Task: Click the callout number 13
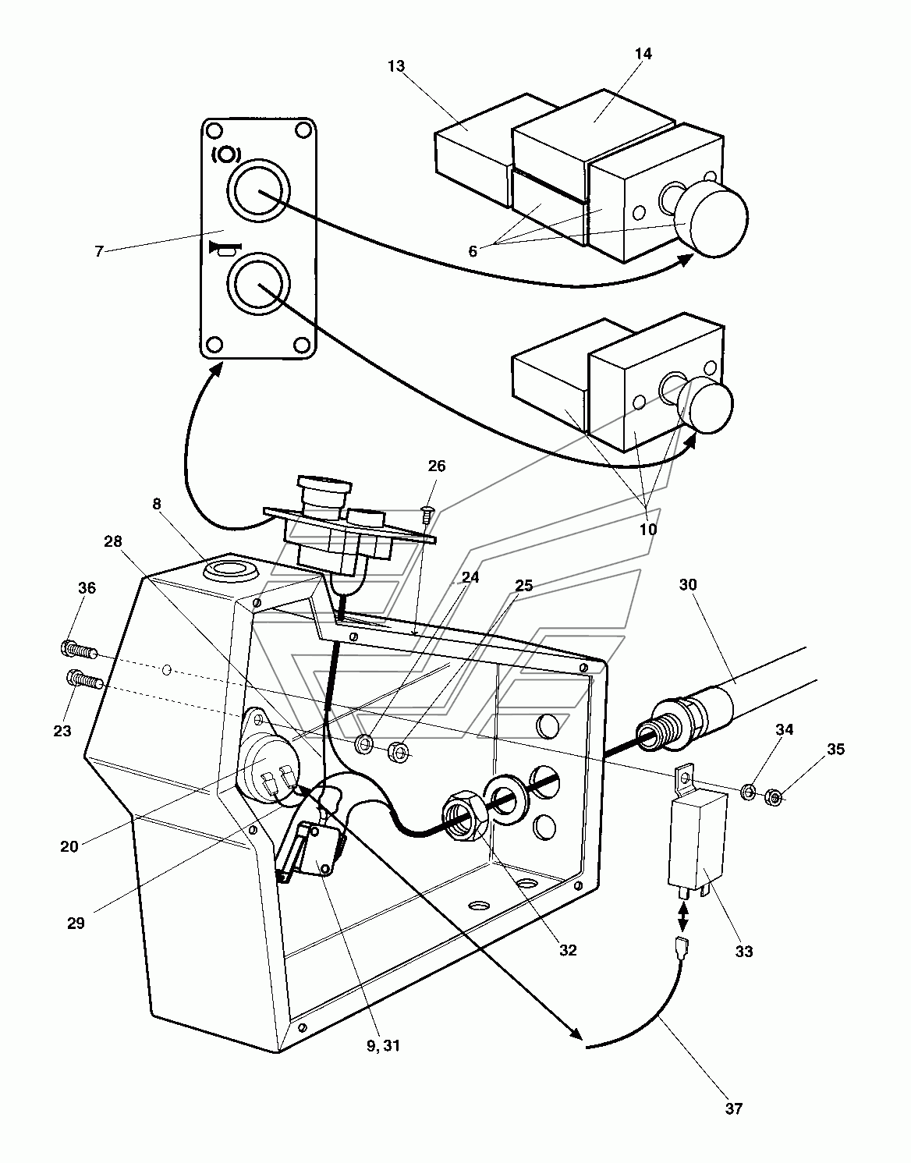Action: (x=396, y=66)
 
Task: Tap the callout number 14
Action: (x=643, y=54)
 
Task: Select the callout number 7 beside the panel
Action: (x=98, y=251)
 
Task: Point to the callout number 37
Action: (x=734, y=1108)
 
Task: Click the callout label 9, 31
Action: (x=384, y=1046)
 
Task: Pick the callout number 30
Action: (x=689, y=584)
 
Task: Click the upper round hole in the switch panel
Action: (x=258, y=190)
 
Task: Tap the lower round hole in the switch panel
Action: (x=258, y=284)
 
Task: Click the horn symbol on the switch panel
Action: (x=225, y=250)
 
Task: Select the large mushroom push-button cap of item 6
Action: (x=711, y=218)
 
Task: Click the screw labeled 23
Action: (x=84, y=680)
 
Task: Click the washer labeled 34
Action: (x=749, y=792)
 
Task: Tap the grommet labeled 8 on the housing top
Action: (x=231, y=570)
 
